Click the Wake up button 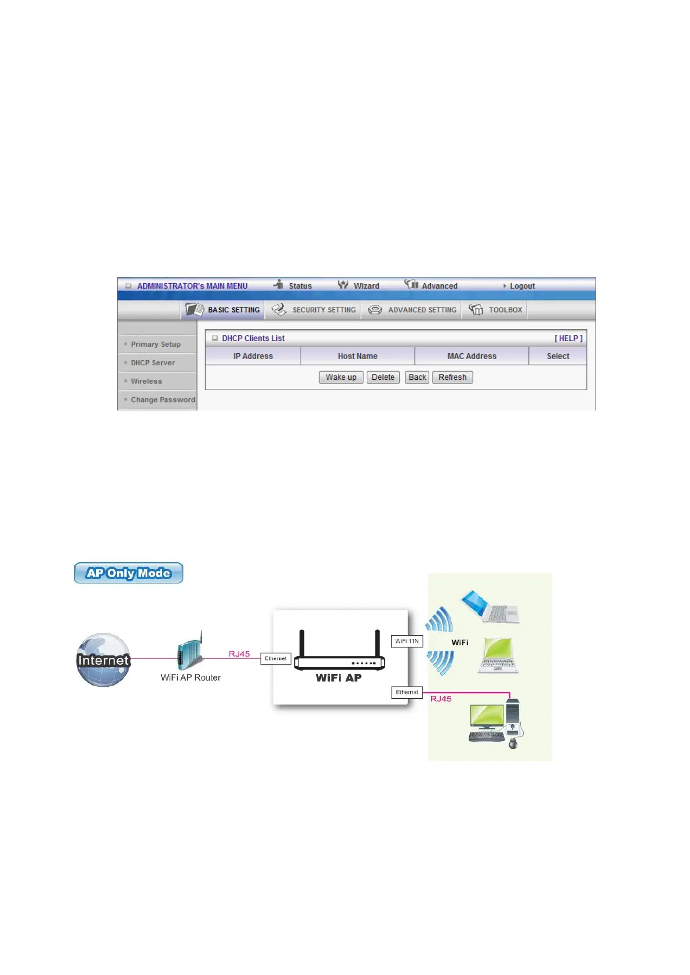[x=341, y=377]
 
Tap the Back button [x=417, y=377]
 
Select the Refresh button [x=452, y=377]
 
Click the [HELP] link [x=568, y=339]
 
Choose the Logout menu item [x=521, y=286]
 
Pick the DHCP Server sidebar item [x=152, y=363]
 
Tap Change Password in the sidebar [x=162, y=400]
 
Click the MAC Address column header [x=472, y=357]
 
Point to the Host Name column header [x=357, y=357]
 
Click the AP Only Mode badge [x=129, y=573]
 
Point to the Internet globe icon [x=104, y=660]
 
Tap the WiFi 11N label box [x=407, y=642]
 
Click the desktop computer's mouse [x=513, y=743]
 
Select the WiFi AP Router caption [x=191, y=678]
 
